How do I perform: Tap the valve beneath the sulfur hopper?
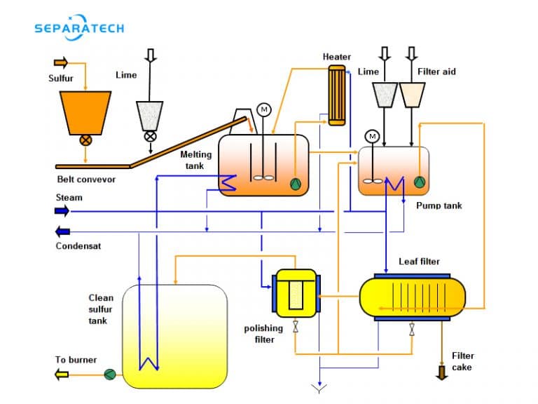pyautogui.click(x=85, y=140)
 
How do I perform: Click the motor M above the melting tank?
pyautogui.click(x=264, y=109)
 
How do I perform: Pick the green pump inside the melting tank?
pyautogui.click(x=296, y=184)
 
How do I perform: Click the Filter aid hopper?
pyautogui.click(x=412, y=95)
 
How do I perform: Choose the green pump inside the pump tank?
pyautogui.click(x=419, y=182)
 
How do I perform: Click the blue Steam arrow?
pyautogui.click(x=62, y=210)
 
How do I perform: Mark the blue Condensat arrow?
pyautogui.click(x=62, y=231)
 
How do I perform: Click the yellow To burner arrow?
pyautogui.click(x=62, y=375)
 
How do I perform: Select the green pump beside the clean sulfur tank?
pyautogui.click(x=110, y=375)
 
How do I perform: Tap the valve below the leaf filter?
pyautogui.click(x=412, y=329)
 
